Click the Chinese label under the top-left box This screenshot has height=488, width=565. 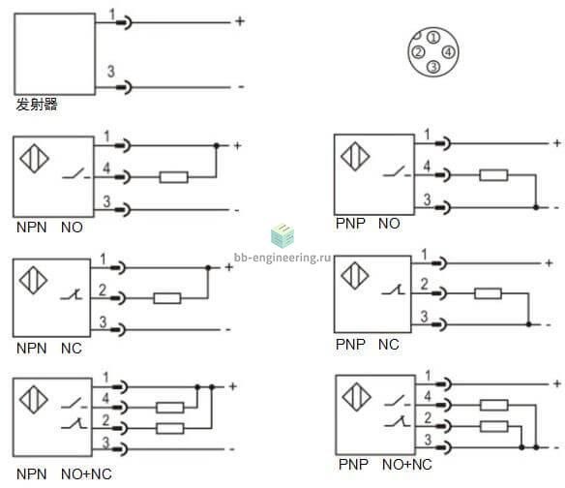pos(37,105)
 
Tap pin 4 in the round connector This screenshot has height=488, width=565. pos(448,52)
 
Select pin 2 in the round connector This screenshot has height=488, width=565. pos(418,52)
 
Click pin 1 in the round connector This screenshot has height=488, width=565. pos(433,37)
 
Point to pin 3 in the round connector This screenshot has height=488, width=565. pos(433,67)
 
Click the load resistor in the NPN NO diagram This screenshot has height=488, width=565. pos(174,177)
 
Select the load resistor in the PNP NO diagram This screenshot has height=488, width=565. pos(493,175)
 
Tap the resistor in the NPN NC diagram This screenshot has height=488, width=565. pos(167,298)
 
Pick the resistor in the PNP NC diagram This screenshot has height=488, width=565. pos(488,293)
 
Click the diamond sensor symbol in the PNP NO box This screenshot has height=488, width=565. pos(355,157)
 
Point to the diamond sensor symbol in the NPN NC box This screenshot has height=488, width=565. pos(33,280)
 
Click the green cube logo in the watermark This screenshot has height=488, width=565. pos(282,236)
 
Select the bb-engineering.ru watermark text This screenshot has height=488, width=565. pos(282,258)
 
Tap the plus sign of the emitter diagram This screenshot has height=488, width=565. pos(240,21)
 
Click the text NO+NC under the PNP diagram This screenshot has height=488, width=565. pos(406,465)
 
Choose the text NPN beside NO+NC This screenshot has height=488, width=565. pos(32,474)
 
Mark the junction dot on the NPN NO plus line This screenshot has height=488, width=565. pos(216,145)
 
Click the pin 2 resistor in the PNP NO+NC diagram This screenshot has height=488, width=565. pos(494,426)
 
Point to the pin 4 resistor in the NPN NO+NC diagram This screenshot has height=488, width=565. pos(169,408)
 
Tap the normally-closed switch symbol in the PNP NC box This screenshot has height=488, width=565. pos(393,290)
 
